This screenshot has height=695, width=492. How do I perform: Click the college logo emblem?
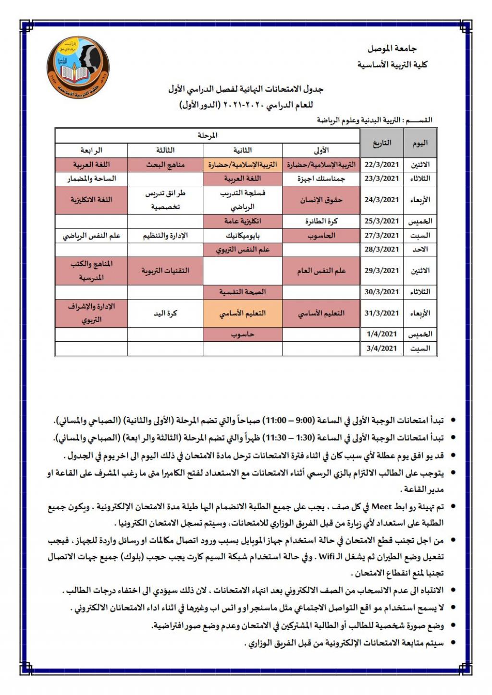[78, 68]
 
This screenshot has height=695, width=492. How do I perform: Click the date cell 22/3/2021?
[381, 165]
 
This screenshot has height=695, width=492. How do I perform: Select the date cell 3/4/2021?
[381, 348]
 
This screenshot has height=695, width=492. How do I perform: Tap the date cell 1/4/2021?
[381, 334]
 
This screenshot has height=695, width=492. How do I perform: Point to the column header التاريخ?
[381, 143]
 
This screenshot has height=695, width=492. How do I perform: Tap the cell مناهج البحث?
[165, 165]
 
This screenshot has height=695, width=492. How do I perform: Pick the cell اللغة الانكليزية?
[91, 200]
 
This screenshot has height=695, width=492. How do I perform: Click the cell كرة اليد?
[165, 313]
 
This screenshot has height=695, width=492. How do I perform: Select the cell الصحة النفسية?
[242, 292]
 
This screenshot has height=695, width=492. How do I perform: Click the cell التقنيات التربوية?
[165, 271]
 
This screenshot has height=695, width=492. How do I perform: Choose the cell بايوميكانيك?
[242, 236]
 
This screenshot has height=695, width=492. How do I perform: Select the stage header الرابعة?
[91, 150]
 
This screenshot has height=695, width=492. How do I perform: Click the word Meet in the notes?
[382, 507]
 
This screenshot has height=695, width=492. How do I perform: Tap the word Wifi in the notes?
[326, 557]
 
